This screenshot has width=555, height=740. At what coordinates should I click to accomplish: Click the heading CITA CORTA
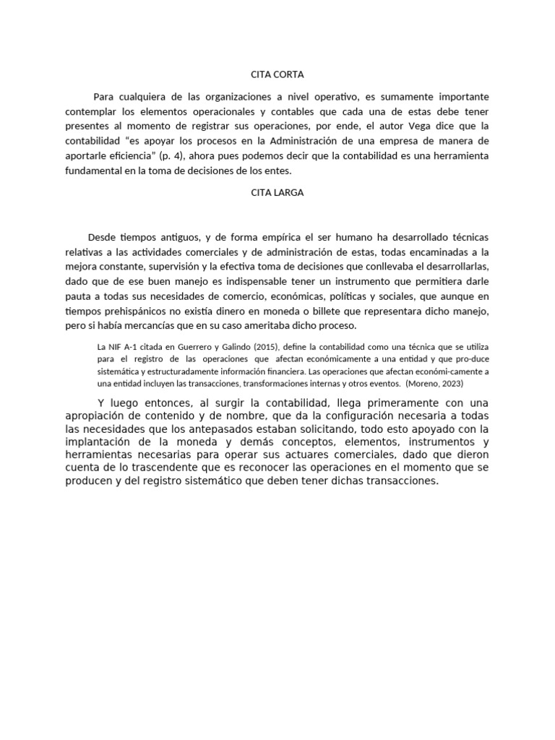[x=277, y=74]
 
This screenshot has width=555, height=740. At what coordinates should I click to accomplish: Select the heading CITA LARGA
[x=277, y=193]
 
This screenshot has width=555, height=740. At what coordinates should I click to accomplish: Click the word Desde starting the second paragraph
[x=102, y=237]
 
